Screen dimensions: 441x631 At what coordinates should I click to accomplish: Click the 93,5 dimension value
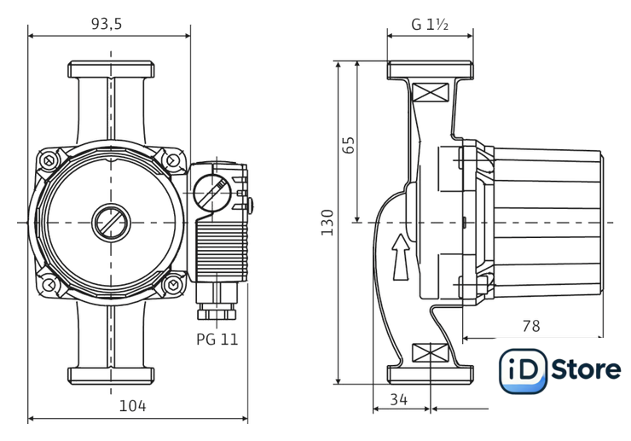tap(107, 24)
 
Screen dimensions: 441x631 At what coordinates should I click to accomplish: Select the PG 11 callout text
tap(217, 339)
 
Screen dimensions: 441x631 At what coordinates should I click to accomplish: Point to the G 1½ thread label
tap(430, 24)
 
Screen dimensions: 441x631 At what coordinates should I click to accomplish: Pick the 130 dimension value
tap(327, 222)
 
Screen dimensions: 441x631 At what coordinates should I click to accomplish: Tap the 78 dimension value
tap(530, 326)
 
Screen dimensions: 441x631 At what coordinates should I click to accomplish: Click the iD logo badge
tap(523, 370)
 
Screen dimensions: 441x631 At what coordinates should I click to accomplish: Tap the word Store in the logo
tap(586, 370)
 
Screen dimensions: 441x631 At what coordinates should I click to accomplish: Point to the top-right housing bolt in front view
tap(173, 160)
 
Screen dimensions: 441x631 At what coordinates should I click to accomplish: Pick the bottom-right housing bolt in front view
tap(173, 285)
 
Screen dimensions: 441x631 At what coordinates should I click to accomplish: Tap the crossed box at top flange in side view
tap(429, 92)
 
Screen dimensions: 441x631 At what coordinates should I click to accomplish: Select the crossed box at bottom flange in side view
tap(429, 352)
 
